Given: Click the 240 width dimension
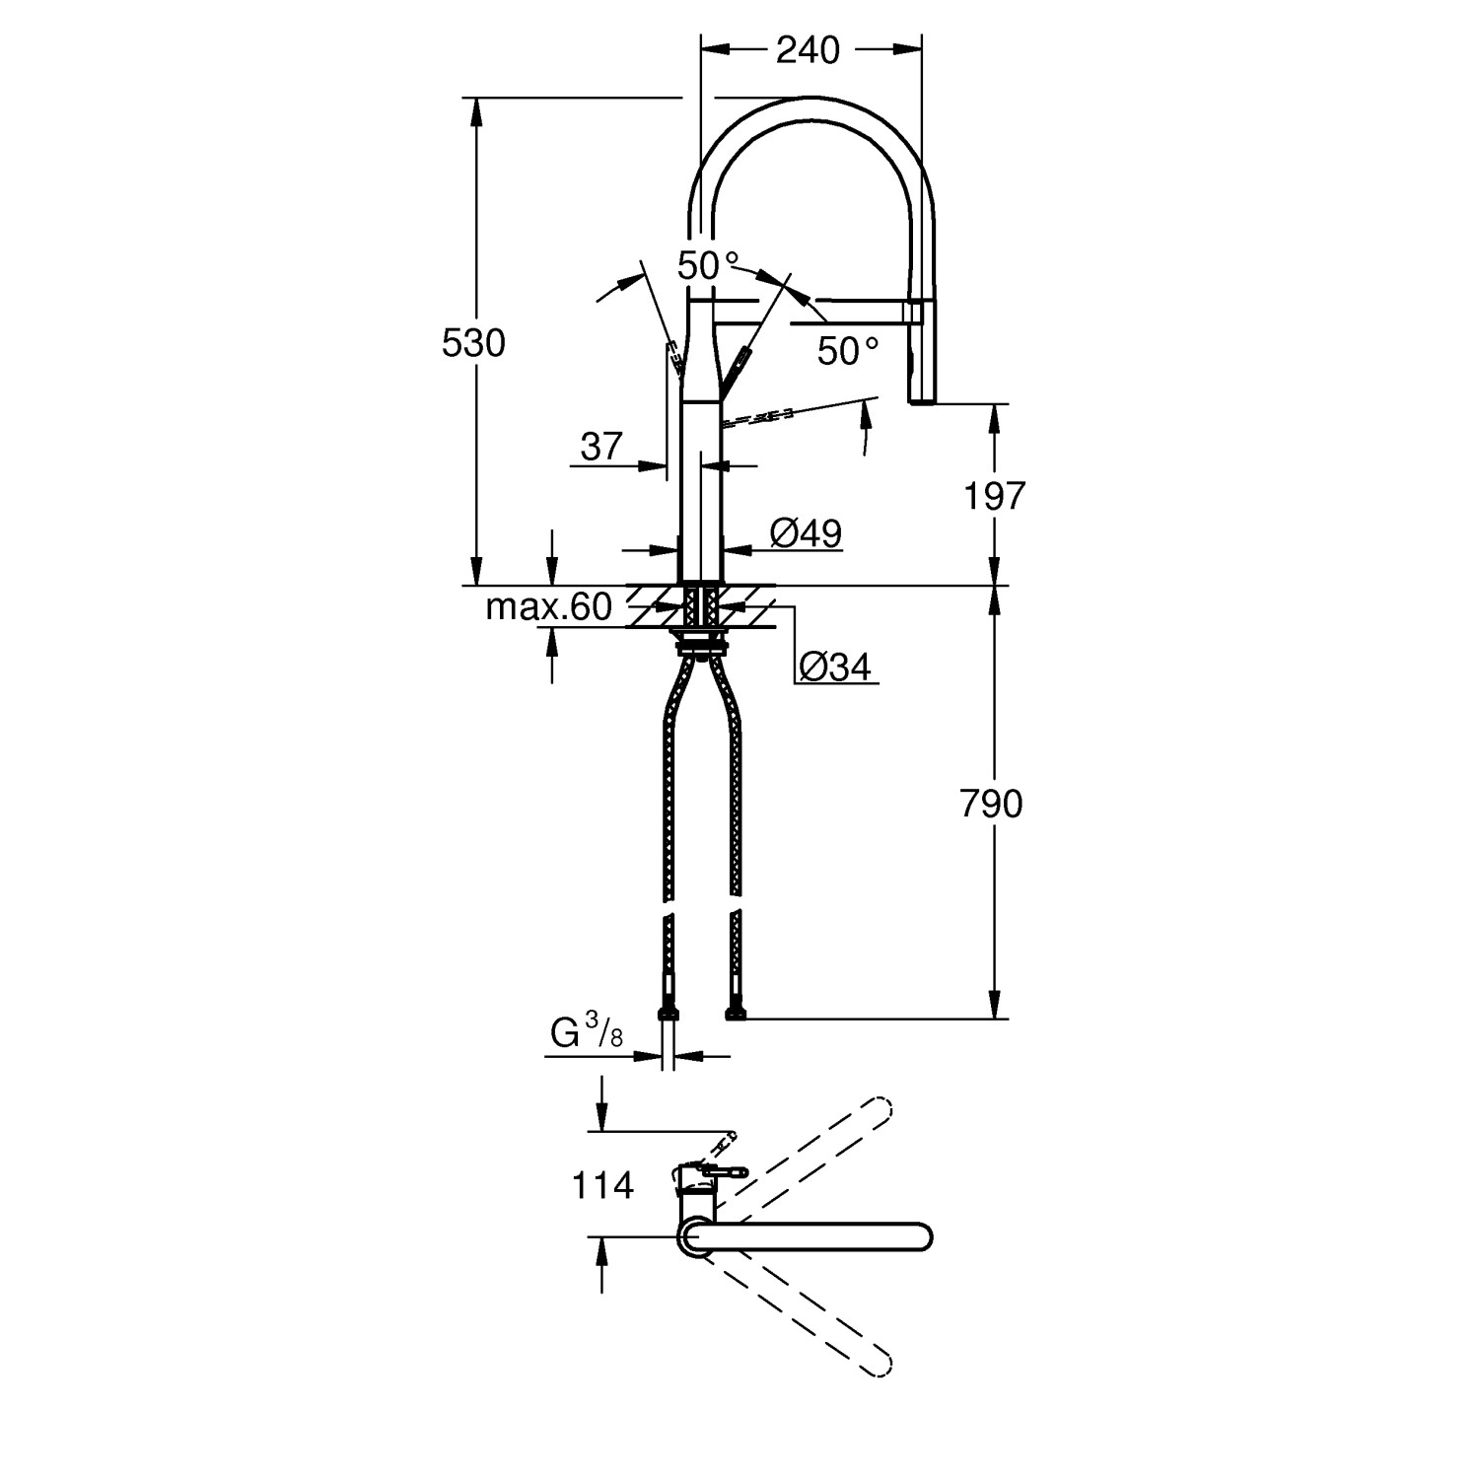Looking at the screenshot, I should click(x=808, y=50).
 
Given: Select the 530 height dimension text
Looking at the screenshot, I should click(x=473, y=343).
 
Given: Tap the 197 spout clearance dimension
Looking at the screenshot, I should click(x=995, y=496).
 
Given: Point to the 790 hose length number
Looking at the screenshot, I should click(x=991, y=805).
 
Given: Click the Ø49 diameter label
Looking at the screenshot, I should click(x=806, y=533).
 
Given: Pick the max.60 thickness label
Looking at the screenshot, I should click(x=548, y=607).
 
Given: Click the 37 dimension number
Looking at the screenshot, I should click(x=601, y=447).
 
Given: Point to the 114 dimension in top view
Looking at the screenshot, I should click(x=602, y=1184).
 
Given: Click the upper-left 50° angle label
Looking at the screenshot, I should click(x=707, y=265).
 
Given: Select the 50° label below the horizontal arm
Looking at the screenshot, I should click(x=847, y=350).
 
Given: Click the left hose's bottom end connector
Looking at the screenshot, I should click(x=668, y=1013).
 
